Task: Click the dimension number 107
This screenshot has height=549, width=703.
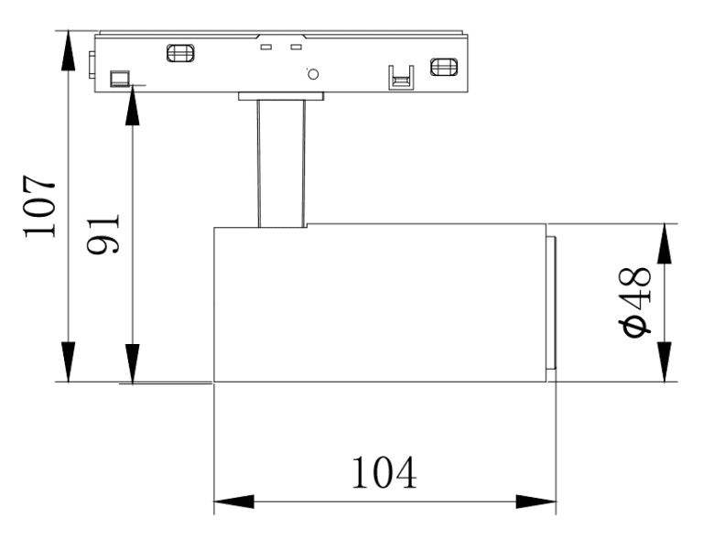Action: point(39,206)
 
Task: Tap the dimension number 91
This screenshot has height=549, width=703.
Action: point(103,234)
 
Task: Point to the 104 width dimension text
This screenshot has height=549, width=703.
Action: point(384,472)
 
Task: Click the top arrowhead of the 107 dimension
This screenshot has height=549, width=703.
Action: point(68,50)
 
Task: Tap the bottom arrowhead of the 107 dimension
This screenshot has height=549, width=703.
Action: point(68,361)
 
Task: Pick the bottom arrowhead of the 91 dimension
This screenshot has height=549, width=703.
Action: point(132,364)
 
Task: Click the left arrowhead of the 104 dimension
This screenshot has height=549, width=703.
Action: point(233,501)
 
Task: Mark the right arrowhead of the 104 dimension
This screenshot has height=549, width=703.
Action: point(535,501)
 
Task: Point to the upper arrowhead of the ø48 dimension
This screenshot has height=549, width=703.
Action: point(665,243)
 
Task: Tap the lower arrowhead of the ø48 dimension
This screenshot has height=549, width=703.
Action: point(665,361)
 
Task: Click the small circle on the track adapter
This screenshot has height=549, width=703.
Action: point(313,74)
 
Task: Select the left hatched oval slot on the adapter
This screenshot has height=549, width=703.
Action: point(180,53)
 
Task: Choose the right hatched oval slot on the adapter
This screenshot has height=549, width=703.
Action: point(444,67)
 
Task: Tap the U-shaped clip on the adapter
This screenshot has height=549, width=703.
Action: point(401,78)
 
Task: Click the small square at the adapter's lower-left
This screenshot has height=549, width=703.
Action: point(120,78)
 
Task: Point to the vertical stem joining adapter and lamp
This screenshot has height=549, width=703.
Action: point(281,163)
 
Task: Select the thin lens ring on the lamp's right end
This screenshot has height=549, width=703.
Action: point(551,303)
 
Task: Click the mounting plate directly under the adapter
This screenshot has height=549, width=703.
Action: point(281,96)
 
